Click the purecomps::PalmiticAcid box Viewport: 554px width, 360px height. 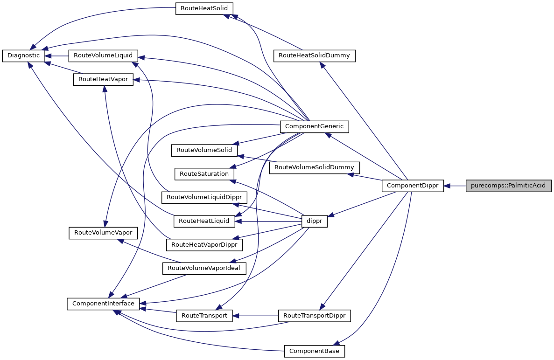(x=509, y=186)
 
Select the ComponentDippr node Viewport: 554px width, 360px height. (x=413, y=186)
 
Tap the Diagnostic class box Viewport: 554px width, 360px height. (x=24, y=55)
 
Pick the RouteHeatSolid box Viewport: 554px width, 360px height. (x=204, y=8)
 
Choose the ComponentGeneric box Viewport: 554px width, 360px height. (x=314, y=126)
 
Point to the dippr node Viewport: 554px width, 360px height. (x=315, y=221)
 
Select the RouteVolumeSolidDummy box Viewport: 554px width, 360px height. (x=314, y=167)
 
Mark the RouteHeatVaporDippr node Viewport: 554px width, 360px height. (x=204, y=244)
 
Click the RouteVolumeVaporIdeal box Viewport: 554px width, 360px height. (x=203, y=268)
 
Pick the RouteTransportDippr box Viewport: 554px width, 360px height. (x=314, y=316)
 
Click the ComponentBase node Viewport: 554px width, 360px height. (x=314, y=351)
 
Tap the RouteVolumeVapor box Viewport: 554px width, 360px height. (x=103, y=233)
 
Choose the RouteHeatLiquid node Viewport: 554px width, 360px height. (x=204, y=221)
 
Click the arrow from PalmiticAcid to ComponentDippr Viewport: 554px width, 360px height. (x=455, y=186)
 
